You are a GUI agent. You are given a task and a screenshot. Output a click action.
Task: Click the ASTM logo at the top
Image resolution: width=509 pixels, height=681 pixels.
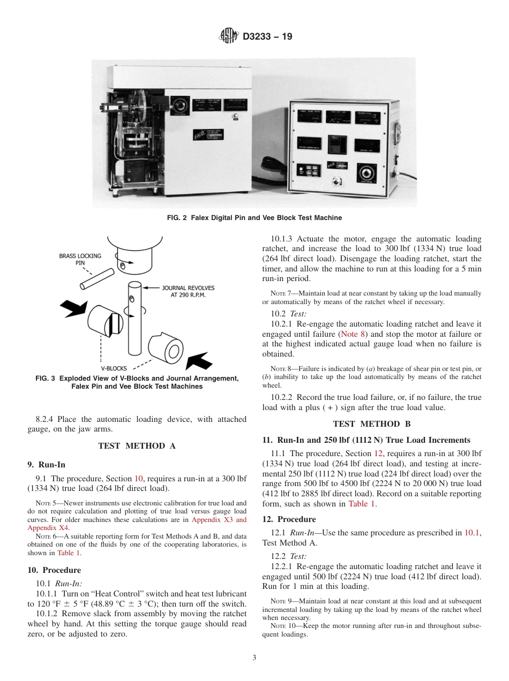pos(229,37)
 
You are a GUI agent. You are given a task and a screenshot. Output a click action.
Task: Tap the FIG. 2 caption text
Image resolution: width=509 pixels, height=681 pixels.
pos(254,218)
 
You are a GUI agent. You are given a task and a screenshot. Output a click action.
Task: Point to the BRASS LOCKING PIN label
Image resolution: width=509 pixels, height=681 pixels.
pos(80,260)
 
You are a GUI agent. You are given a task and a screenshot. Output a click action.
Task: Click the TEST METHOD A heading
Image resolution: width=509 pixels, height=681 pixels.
pos(137,446)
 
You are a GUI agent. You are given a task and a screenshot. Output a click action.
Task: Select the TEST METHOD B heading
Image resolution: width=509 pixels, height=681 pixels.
pos(371,424)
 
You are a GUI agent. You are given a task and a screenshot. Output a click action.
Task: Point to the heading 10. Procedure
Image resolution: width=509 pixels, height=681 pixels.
pos(54,570)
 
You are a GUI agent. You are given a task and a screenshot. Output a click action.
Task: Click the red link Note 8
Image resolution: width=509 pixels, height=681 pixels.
pos(354,334)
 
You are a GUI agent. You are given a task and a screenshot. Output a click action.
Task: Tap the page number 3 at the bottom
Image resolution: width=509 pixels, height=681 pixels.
pos(254,657)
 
